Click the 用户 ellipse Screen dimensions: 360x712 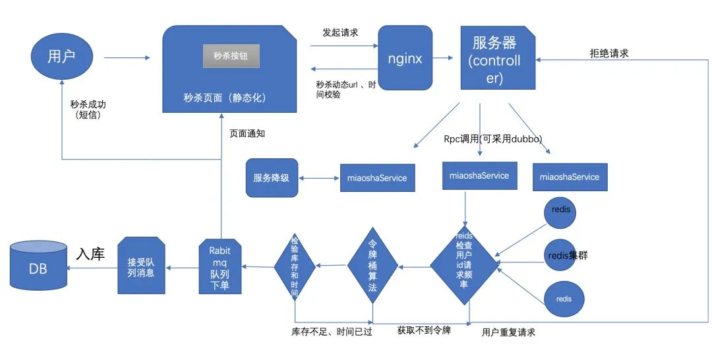coord(61,57)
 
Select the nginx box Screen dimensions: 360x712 coord(405,58)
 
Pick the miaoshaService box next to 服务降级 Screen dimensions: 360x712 coord(377,178)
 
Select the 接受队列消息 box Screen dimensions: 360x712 coord(141,266)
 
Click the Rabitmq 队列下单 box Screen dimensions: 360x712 coord(220,266)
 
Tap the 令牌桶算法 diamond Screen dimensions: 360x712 coord(373,266)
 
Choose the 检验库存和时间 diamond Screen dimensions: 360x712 coord(295,266)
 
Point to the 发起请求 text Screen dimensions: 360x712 coord(340,32)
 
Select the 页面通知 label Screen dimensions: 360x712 coord(247,133)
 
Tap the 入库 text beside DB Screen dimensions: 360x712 coord(90,254)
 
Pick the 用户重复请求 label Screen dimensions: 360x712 coord(508,332)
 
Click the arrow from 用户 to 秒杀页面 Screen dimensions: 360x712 coord(127,57)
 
